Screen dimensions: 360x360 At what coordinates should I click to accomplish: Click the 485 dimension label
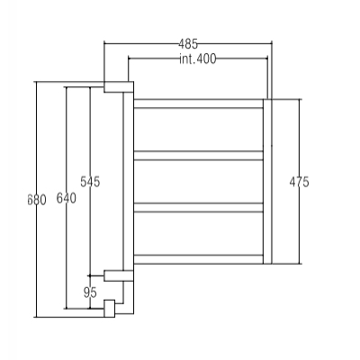click(188, 44)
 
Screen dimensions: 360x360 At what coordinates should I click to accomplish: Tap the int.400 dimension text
click(197, 59)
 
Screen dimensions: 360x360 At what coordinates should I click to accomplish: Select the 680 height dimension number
click(37, 200)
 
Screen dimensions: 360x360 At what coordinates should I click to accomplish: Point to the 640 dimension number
click(67, 198)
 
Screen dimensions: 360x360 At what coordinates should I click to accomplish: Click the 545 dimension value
click(90, 182)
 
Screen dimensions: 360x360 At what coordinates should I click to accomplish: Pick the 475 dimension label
click(299, 182)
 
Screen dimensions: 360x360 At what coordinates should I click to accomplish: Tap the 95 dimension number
click(90, 292)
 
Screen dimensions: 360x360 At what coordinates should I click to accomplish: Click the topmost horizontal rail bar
click(198, 103)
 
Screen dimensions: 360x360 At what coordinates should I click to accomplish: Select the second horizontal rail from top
click(198, 156)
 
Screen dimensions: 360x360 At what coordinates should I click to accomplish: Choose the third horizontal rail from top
click(198, 208)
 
